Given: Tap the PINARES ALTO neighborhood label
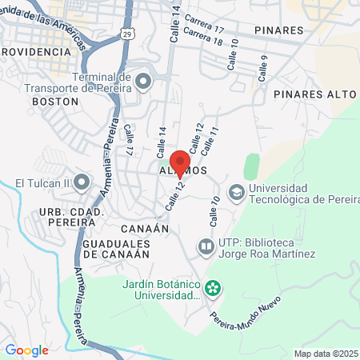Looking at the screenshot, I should [314, 94].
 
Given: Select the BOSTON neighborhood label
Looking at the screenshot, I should [54, 102].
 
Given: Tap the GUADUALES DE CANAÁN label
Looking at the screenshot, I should [116, 247].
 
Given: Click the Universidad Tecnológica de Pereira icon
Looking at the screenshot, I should [236, 192].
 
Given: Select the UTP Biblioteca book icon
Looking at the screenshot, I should [206, 246].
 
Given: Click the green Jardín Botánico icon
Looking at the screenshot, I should [213, 287].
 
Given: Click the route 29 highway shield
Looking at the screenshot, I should [127, 33].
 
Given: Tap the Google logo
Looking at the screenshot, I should [27, 350].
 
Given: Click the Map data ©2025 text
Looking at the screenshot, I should [326, 353].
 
